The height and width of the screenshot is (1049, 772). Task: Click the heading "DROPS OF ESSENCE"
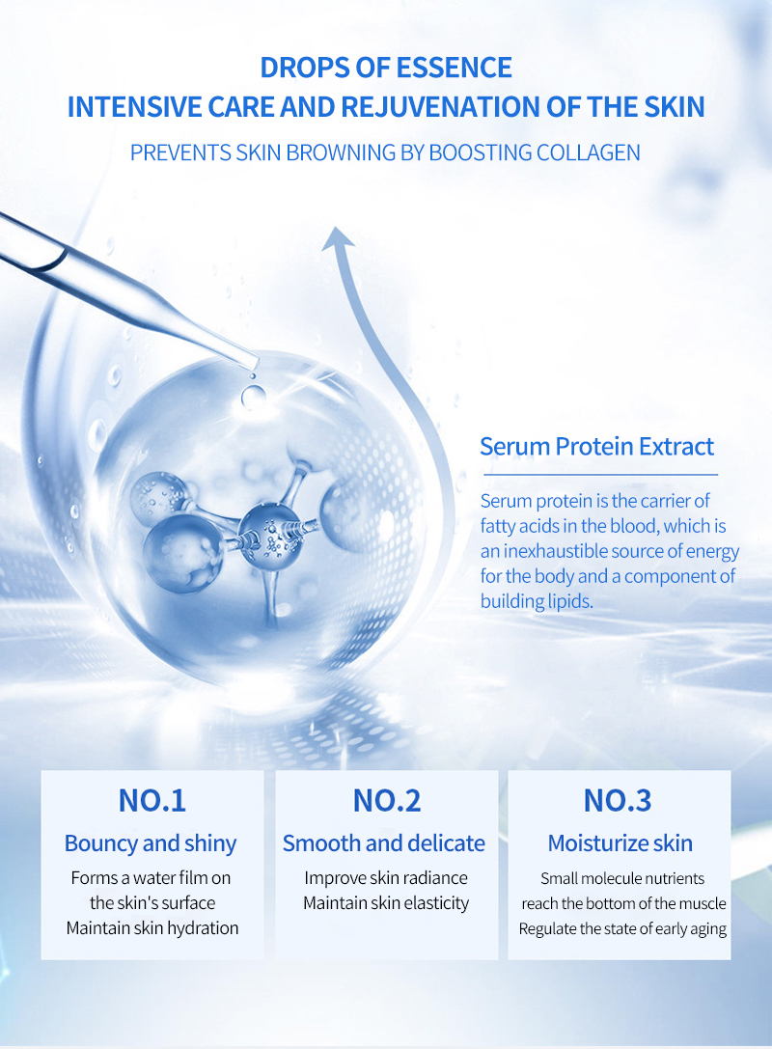point(386,68)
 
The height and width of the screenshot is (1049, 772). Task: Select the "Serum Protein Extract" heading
point(596,447)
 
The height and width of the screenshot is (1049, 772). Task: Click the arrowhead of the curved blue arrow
point(338,236)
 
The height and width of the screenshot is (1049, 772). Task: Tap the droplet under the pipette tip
point(254,393)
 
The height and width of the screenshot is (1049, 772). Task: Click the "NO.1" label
point(152,800)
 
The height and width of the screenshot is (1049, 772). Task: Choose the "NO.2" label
point(386,800)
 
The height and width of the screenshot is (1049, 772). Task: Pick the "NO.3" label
point(618,800)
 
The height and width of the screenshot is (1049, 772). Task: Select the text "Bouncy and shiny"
point(151,843)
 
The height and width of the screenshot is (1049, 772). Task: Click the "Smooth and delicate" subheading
point(384,843)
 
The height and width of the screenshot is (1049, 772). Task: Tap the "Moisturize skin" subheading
point(620,843)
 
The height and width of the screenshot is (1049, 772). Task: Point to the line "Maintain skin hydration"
point(152,928)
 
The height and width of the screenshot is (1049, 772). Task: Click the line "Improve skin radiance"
point(386,878)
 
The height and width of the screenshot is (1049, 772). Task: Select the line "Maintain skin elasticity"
point(386,903)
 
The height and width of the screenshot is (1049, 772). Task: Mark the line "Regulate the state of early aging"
point(622,929)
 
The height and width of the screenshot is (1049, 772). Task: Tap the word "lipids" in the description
point(567,601)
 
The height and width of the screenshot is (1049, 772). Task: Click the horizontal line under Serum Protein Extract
point(600,475)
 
